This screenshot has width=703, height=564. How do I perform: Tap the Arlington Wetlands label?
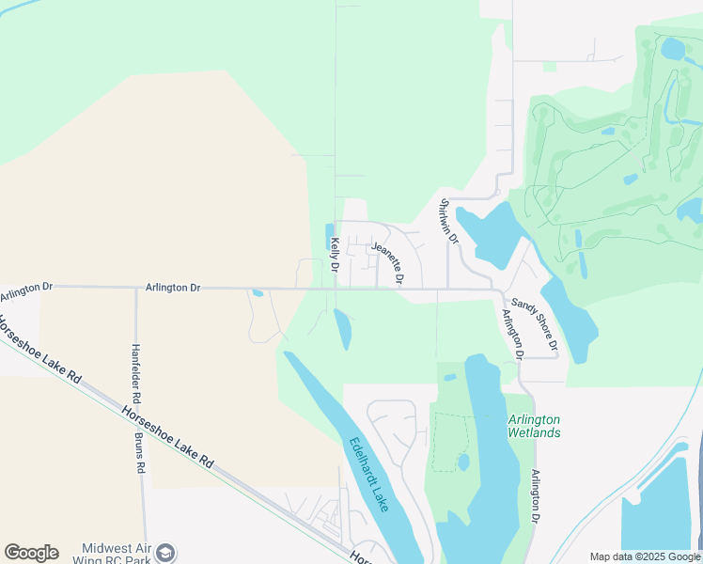point(534,426)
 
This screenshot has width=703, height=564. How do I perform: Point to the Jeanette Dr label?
point(387,263)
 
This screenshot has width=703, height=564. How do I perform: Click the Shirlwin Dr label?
point(447,223)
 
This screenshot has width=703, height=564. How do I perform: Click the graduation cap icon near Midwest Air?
point(166,553)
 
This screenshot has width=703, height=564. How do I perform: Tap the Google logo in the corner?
point(31,553)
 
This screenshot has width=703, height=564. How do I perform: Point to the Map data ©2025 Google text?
point(644,556)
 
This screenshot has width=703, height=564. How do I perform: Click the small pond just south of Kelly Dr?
point(343,328)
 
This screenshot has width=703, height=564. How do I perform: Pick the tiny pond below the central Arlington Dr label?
point(258,293)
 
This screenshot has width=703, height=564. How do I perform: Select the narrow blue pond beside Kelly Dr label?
point(328,236)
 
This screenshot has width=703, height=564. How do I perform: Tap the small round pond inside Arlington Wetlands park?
point(463,462)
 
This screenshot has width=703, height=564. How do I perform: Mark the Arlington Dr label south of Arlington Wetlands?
point(536,496)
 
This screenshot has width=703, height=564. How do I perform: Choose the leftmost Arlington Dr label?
point(27,292)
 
